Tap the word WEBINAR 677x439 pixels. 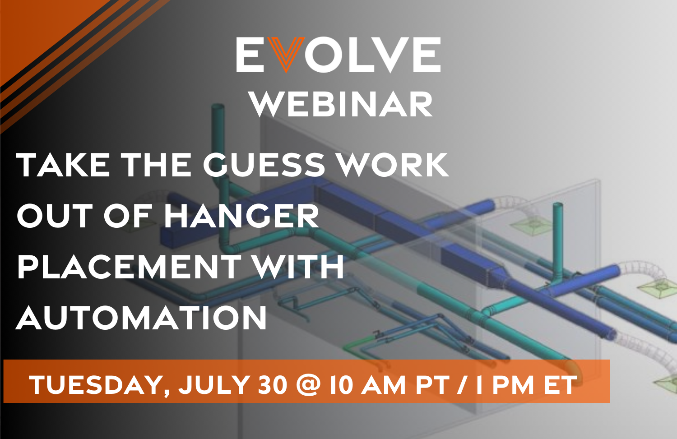pos(341,105)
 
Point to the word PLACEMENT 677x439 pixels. pos(129,267)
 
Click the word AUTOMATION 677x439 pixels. pos(142,318)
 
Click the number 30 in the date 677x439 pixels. pos(273,385)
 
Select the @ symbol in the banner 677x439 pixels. pos(309,385)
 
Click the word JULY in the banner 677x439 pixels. pos(214,385)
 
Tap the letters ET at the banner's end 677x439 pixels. pos(560,385)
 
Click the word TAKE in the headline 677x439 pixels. pos(63,165)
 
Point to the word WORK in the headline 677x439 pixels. pos(394,165)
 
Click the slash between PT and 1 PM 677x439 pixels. pos(461,385)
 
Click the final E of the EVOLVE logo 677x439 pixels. pos(427,55)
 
